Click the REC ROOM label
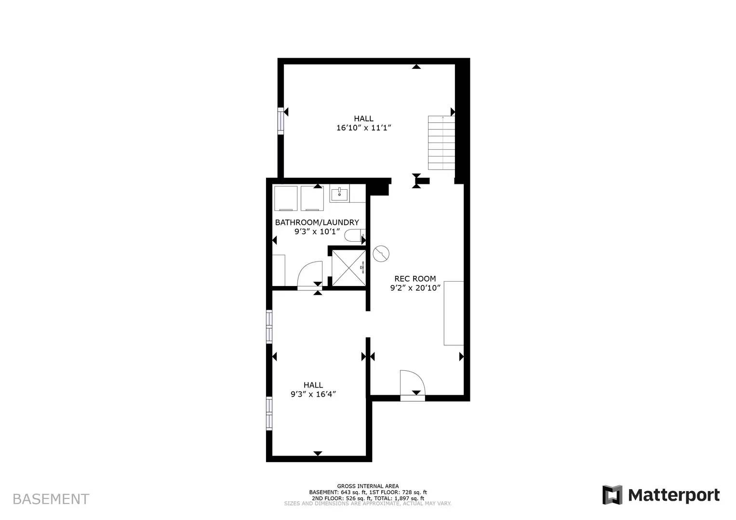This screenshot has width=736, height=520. point(415,279)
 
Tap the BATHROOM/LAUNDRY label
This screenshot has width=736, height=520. point(317,222)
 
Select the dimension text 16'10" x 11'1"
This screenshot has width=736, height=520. point(363,128)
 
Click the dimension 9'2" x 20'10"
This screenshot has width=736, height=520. point(415,288)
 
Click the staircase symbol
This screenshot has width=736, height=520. point(442,143)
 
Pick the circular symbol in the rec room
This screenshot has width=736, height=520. point(381,253)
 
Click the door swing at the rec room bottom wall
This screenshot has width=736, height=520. point(413,383)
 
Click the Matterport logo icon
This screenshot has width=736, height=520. point(612,495)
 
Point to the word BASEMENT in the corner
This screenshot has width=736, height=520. point(51,499)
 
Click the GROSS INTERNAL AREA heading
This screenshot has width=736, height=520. point(368,486)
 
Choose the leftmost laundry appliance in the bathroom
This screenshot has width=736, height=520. point(286,199)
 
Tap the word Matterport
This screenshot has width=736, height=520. point(673,495)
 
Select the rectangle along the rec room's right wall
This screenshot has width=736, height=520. point(454,313)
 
